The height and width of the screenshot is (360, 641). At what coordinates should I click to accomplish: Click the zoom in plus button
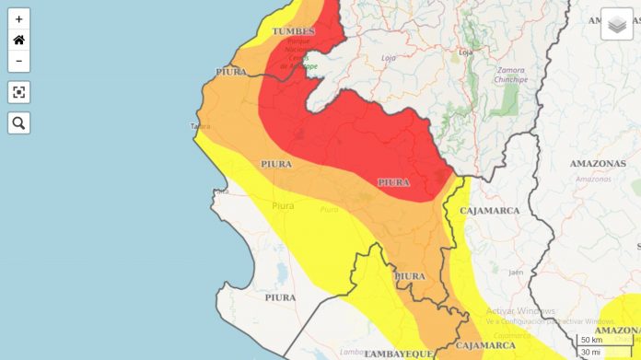(x=18, y=18)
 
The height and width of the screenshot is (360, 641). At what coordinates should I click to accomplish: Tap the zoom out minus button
(x=18, y=62)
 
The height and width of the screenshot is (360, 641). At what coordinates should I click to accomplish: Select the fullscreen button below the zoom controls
(x=18, y=92)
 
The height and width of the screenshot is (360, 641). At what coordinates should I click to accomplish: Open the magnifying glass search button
(x=18, y=122)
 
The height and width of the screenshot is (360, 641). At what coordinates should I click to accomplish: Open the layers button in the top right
(x=617, y=24)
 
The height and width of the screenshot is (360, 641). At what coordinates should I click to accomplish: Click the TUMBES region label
(x=293, y=31)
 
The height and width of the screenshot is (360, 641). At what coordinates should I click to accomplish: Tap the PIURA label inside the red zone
(x=393, y=182)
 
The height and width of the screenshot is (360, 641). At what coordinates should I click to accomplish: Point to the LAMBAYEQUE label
(x=398, y=353)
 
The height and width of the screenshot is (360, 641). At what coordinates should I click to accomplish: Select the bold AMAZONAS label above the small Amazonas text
(x=598, y=164)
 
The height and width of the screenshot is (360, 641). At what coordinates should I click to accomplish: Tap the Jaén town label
(x=516, y=272)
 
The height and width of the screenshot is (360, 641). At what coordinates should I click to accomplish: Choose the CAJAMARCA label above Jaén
(x=490, y=211)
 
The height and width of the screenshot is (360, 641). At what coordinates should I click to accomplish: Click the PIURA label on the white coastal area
(x=280, y=297)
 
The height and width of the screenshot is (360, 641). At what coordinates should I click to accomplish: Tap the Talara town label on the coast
(x=200, y=126)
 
